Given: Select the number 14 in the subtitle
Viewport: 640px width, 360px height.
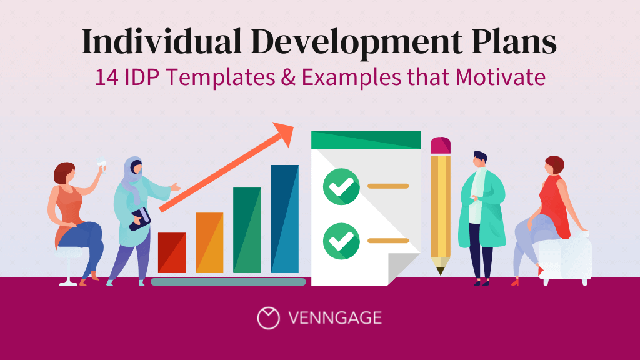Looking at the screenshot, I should click(x=105, y=78).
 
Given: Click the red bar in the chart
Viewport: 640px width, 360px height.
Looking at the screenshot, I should click(x=172, y=253).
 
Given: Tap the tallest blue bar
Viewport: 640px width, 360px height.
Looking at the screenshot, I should click(x=284, y=219).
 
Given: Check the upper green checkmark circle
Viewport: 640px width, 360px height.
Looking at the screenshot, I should click(x=341, y=186).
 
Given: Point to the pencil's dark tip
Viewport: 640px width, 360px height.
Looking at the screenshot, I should click(x=441, y=271).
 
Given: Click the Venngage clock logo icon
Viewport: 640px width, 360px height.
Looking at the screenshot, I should click(x=268, y=317).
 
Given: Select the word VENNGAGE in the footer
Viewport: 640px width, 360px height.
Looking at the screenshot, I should click(x=335, y=318).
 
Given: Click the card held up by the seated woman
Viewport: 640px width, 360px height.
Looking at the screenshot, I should click(x=101, y=163).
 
